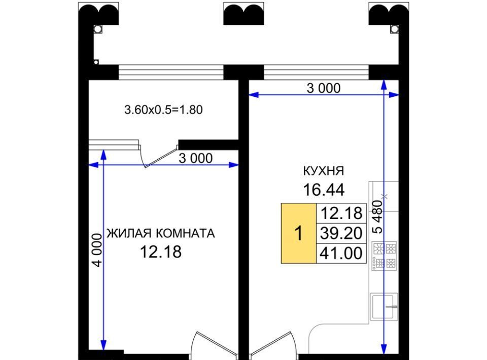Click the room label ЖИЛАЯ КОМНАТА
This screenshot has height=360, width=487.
161,233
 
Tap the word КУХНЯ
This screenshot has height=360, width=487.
324,171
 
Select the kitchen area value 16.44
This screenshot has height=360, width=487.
324,190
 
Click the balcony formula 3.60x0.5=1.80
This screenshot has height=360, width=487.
163,110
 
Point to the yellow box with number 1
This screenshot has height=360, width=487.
298,233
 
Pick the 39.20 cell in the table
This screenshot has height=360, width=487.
341,233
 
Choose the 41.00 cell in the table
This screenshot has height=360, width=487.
341,253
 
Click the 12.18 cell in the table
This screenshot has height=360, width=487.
341,213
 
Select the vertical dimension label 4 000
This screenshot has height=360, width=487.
97,250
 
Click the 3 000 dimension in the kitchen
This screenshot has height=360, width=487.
324,88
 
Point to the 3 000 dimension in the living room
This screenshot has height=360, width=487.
196,158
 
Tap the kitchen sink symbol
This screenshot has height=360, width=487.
384,307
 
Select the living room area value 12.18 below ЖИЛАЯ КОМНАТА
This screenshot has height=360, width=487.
161,252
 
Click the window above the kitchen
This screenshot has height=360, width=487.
316,73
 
